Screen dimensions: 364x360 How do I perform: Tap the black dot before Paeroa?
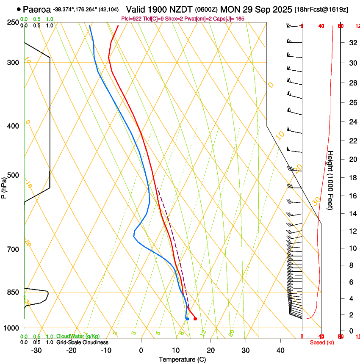[19, 9]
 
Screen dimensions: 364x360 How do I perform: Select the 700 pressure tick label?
[13, 249]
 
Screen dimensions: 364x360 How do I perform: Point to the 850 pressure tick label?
[13, 292]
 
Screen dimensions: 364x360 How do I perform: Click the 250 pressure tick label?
[13, 22]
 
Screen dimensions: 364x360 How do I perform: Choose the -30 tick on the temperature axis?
[36, 350]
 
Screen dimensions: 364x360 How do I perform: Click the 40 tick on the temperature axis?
[280, 350]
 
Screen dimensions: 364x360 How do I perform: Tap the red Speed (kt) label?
[322, 342]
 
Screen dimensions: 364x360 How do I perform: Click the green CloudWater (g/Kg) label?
[78, 336]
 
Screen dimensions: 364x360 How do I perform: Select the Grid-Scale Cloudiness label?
[82, 342]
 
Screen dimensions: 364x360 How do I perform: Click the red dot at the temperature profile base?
[195, 319]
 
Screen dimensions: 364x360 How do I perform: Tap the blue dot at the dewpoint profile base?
[187, 319]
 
